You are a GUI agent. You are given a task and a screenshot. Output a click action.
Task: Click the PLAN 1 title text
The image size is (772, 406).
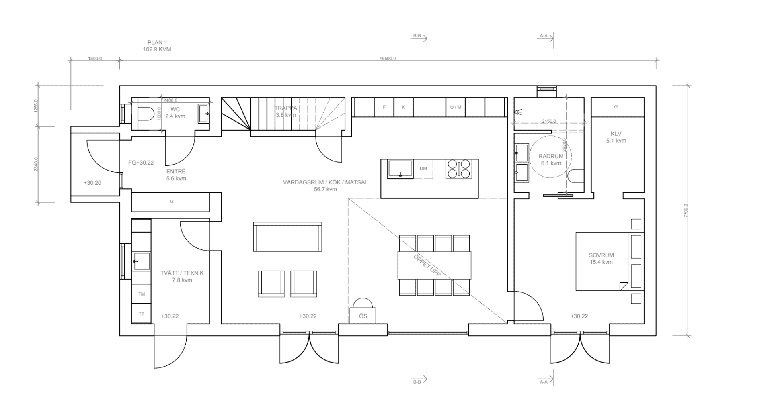pyautogui.click(x=157, y=42)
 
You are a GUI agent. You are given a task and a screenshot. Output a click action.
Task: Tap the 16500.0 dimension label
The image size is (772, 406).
pyautogui.click(x=388, y=59)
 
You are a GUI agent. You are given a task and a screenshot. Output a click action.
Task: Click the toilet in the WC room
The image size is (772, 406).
pyautogui.click(x=145, y=113)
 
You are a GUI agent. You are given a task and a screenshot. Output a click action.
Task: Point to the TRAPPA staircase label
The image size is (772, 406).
pyautogui.click(x=286, y=108)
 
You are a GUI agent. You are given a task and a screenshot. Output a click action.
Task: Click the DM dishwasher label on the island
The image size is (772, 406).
pyautogui.click(x=423, y=169)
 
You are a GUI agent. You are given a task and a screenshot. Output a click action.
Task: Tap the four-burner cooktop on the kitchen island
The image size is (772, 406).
pyautogui.click(x=459, y=169)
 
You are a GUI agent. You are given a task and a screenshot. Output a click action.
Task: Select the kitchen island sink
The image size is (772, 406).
pyautogui.click(x=400, y=169)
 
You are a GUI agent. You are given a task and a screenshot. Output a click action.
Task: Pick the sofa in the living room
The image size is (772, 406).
pyautogui.click(x=287, y=237)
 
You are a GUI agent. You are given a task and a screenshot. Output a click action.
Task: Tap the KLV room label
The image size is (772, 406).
pyautogui.click(x=616, y=134)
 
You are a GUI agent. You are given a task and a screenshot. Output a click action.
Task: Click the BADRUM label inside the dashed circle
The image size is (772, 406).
pyautogui.click(x=551, y=156)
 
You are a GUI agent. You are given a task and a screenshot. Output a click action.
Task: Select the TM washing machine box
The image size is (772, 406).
pyautogui.click(x=142, y=294)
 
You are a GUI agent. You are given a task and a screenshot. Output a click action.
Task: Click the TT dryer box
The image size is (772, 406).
pyautogui.click(x=142, y=314)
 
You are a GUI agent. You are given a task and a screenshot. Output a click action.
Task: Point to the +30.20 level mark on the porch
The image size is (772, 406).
pyautogui.click(x=92, y=183)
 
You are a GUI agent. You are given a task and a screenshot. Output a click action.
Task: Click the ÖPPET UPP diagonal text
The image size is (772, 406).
pyautogui.click(x=427, y=266)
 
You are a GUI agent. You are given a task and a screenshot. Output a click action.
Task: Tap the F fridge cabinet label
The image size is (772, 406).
pyautogui.click(x=384, y=107)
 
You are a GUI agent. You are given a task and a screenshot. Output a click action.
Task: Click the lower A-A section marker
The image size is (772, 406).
pyautogui.click(x=544, y=382)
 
